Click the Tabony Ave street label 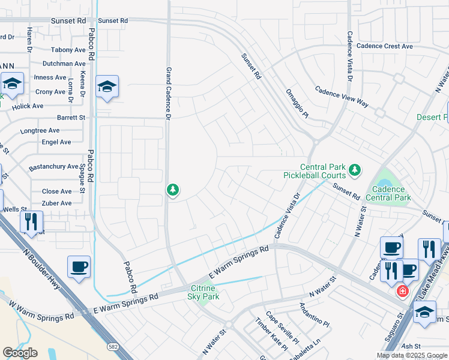click(68, 50)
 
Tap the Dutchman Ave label click(64, 64)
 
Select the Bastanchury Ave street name click(53, 166)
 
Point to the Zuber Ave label click(56, 203)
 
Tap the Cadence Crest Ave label click(384, 46)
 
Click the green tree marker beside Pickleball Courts click(355, 170)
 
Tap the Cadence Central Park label click(388, 193)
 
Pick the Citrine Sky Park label click(204, 292)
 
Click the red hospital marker click(402, 291)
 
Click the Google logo click(20, 353)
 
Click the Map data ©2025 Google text click(411, 355)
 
